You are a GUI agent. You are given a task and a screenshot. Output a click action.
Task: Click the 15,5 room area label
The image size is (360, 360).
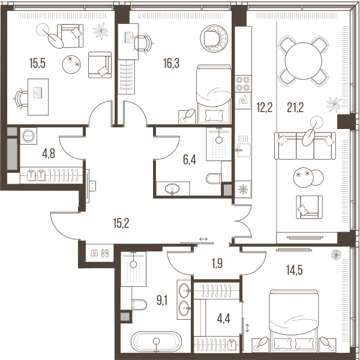[37, 64]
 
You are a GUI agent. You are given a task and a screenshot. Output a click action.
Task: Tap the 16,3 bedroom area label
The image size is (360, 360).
[171, 63]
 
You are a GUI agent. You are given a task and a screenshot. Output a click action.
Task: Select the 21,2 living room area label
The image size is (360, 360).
[295, 107]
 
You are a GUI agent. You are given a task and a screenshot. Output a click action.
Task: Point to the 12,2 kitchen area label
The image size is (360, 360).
[265, 107]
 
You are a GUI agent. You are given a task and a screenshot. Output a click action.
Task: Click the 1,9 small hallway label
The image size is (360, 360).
[217, 263]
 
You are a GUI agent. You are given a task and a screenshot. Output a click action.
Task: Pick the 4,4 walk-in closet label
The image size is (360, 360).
[223, 319]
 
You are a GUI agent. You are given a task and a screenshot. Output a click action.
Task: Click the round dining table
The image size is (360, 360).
[303, 61]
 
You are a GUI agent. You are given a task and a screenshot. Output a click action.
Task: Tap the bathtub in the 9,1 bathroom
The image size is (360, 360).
[156, 341]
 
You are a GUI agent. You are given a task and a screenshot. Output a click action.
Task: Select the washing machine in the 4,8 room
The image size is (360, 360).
[28, 136]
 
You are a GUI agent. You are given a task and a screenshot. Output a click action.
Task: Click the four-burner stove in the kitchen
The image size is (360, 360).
[243, 84]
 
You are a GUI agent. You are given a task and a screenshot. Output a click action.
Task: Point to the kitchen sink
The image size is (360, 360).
[244, 150]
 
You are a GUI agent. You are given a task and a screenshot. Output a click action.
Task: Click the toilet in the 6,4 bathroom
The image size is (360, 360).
[214, 178]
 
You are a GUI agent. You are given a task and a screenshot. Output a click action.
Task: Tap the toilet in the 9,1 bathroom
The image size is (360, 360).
[140, 304]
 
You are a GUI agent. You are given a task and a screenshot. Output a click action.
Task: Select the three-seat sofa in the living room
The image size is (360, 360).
[305, 146]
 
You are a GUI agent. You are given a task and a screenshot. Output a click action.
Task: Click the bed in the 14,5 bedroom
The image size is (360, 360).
[294, 321]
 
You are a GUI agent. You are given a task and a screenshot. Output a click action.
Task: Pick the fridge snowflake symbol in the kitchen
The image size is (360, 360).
[243, 189]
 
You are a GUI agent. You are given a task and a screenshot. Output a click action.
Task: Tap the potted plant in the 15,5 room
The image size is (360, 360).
[100, 31]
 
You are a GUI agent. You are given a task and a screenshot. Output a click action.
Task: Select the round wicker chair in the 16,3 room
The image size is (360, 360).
[214, 38]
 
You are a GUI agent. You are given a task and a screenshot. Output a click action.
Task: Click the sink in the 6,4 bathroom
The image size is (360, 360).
[172, 189]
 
